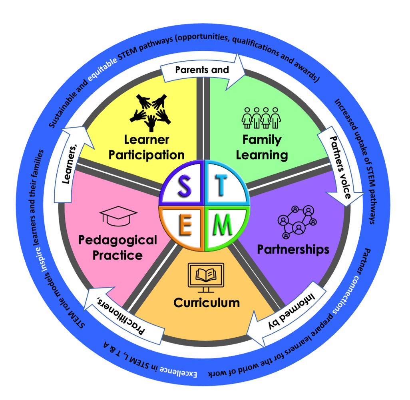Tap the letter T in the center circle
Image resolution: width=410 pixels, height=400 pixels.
222,184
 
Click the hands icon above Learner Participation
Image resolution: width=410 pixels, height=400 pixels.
151,112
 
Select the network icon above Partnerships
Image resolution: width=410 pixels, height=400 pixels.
298,221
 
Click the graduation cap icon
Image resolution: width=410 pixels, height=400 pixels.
118,216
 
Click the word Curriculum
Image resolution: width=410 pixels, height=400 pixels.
207,302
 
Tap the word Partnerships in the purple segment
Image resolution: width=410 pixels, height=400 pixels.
293,250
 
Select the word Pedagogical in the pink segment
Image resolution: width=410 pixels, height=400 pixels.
117,240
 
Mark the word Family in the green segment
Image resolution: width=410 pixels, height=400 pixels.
262,140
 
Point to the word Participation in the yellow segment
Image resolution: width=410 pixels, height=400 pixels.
146,155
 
